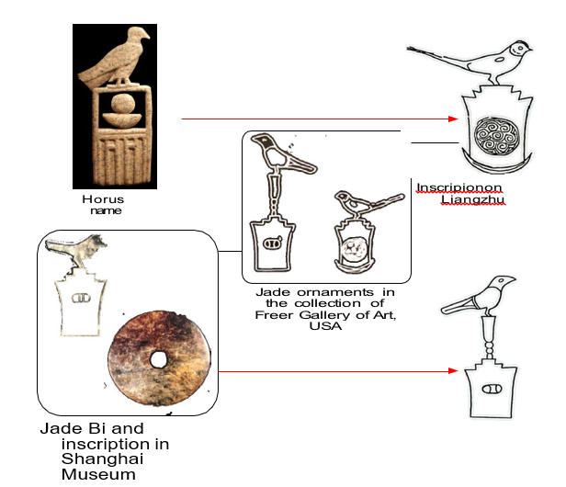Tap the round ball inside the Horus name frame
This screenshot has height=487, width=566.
[x=123, y=104]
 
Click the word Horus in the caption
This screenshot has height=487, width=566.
[x=103, y=199]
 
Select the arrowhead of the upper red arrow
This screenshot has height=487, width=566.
[x=453, y=119]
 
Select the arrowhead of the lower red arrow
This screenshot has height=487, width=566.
[x=453, y=370]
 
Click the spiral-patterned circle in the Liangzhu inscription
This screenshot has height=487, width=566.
[x=497, y=136]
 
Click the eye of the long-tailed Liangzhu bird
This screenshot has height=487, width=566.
[x=520, y=48]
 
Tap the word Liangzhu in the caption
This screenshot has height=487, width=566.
[x=472, y=199]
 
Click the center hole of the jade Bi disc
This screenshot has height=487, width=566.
[x=158, y=359]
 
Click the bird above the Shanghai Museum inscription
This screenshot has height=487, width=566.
[x=76, y=248]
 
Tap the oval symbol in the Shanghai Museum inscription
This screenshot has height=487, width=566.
[x=81, y=299]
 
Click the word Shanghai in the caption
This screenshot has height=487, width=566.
[x=102, y=459]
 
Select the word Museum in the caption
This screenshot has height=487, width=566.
[x=98, y=474]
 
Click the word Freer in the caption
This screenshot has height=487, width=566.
[x=274, y=315]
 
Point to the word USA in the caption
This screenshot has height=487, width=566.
[x=325, y=326]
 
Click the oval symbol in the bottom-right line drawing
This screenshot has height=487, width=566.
[x=492, y=390]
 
